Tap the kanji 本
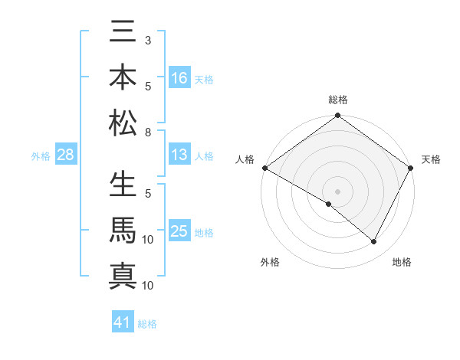tap(123, 79)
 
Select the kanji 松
tap(123, 122)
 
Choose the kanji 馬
tap(123, 231)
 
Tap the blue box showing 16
tap(179, 78)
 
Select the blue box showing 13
tap(179, 155)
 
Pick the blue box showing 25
tap(179, 231)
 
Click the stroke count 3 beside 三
tap(148, 39)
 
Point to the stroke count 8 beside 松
tap(148, 133)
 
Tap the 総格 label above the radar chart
tap(338, 100)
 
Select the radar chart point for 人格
tap(264, 168)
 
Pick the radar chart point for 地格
tap(374, 242)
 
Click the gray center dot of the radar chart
tap(338, 191)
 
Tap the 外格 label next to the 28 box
tap(41, 156)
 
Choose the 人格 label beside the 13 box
tap(204, 155)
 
